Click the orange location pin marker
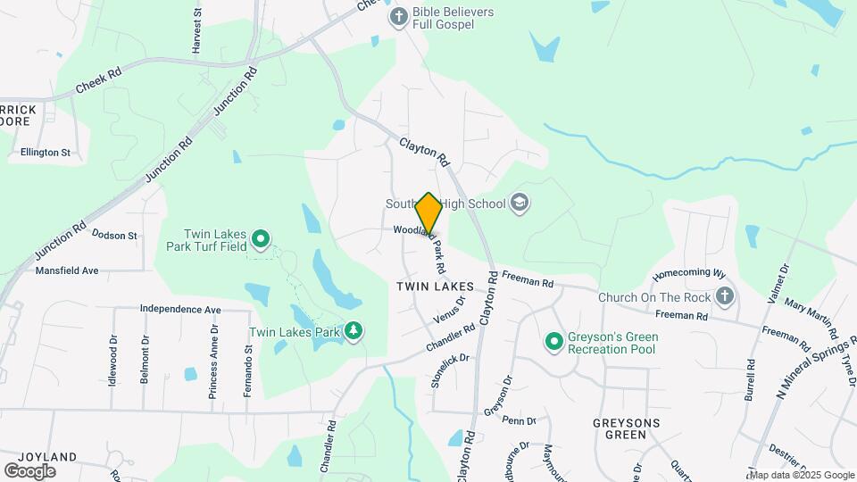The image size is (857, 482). tap(429, 214)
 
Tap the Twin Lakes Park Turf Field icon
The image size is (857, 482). tap(261, 238)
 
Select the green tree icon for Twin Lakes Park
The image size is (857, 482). tap(354, 332)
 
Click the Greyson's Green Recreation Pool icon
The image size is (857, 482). tap(553, 342)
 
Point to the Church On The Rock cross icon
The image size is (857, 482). tap(725, 296)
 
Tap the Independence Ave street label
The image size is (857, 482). tap(180, 310)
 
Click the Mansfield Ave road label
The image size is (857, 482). tap(67, 270)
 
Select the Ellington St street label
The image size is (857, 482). tap(39, 153)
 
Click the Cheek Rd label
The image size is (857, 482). tap(98, 79)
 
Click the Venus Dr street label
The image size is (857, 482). tap(449, 310)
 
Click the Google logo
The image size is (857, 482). tap(29, 470)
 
